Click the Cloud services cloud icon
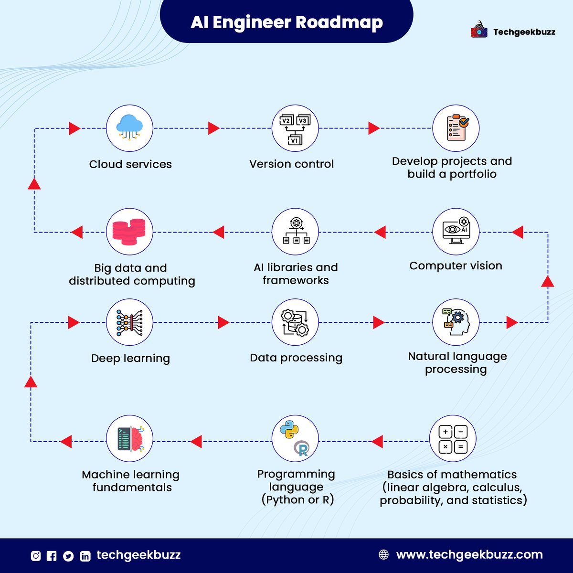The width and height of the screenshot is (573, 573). (129, 128)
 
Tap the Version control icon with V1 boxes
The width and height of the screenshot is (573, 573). (295, 128)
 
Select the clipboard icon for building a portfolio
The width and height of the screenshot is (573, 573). (456, 128)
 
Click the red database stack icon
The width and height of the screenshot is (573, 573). (129, 232)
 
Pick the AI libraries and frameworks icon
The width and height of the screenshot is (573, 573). (295, 232)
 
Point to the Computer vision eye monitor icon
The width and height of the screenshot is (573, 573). (456, 232)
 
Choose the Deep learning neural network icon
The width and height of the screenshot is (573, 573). (129, 322)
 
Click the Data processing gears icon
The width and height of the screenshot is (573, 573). (295, 322)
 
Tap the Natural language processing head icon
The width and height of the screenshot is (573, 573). (456, 322)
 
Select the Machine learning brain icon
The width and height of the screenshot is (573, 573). (129, 439)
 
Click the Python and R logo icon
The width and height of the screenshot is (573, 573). (295, 439)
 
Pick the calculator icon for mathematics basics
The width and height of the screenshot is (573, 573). (452, 439)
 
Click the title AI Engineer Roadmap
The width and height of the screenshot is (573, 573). (286, 22)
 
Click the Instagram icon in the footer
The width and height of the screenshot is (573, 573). (36, 556)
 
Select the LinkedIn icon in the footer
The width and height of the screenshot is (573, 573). (85, 556)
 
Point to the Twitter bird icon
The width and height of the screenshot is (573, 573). (68, 556)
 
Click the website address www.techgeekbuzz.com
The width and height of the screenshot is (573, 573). (469, 555)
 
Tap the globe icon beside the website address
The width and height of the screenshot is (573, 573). (383, 555)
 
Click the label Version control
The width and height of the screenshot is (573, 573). (291, 164)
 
